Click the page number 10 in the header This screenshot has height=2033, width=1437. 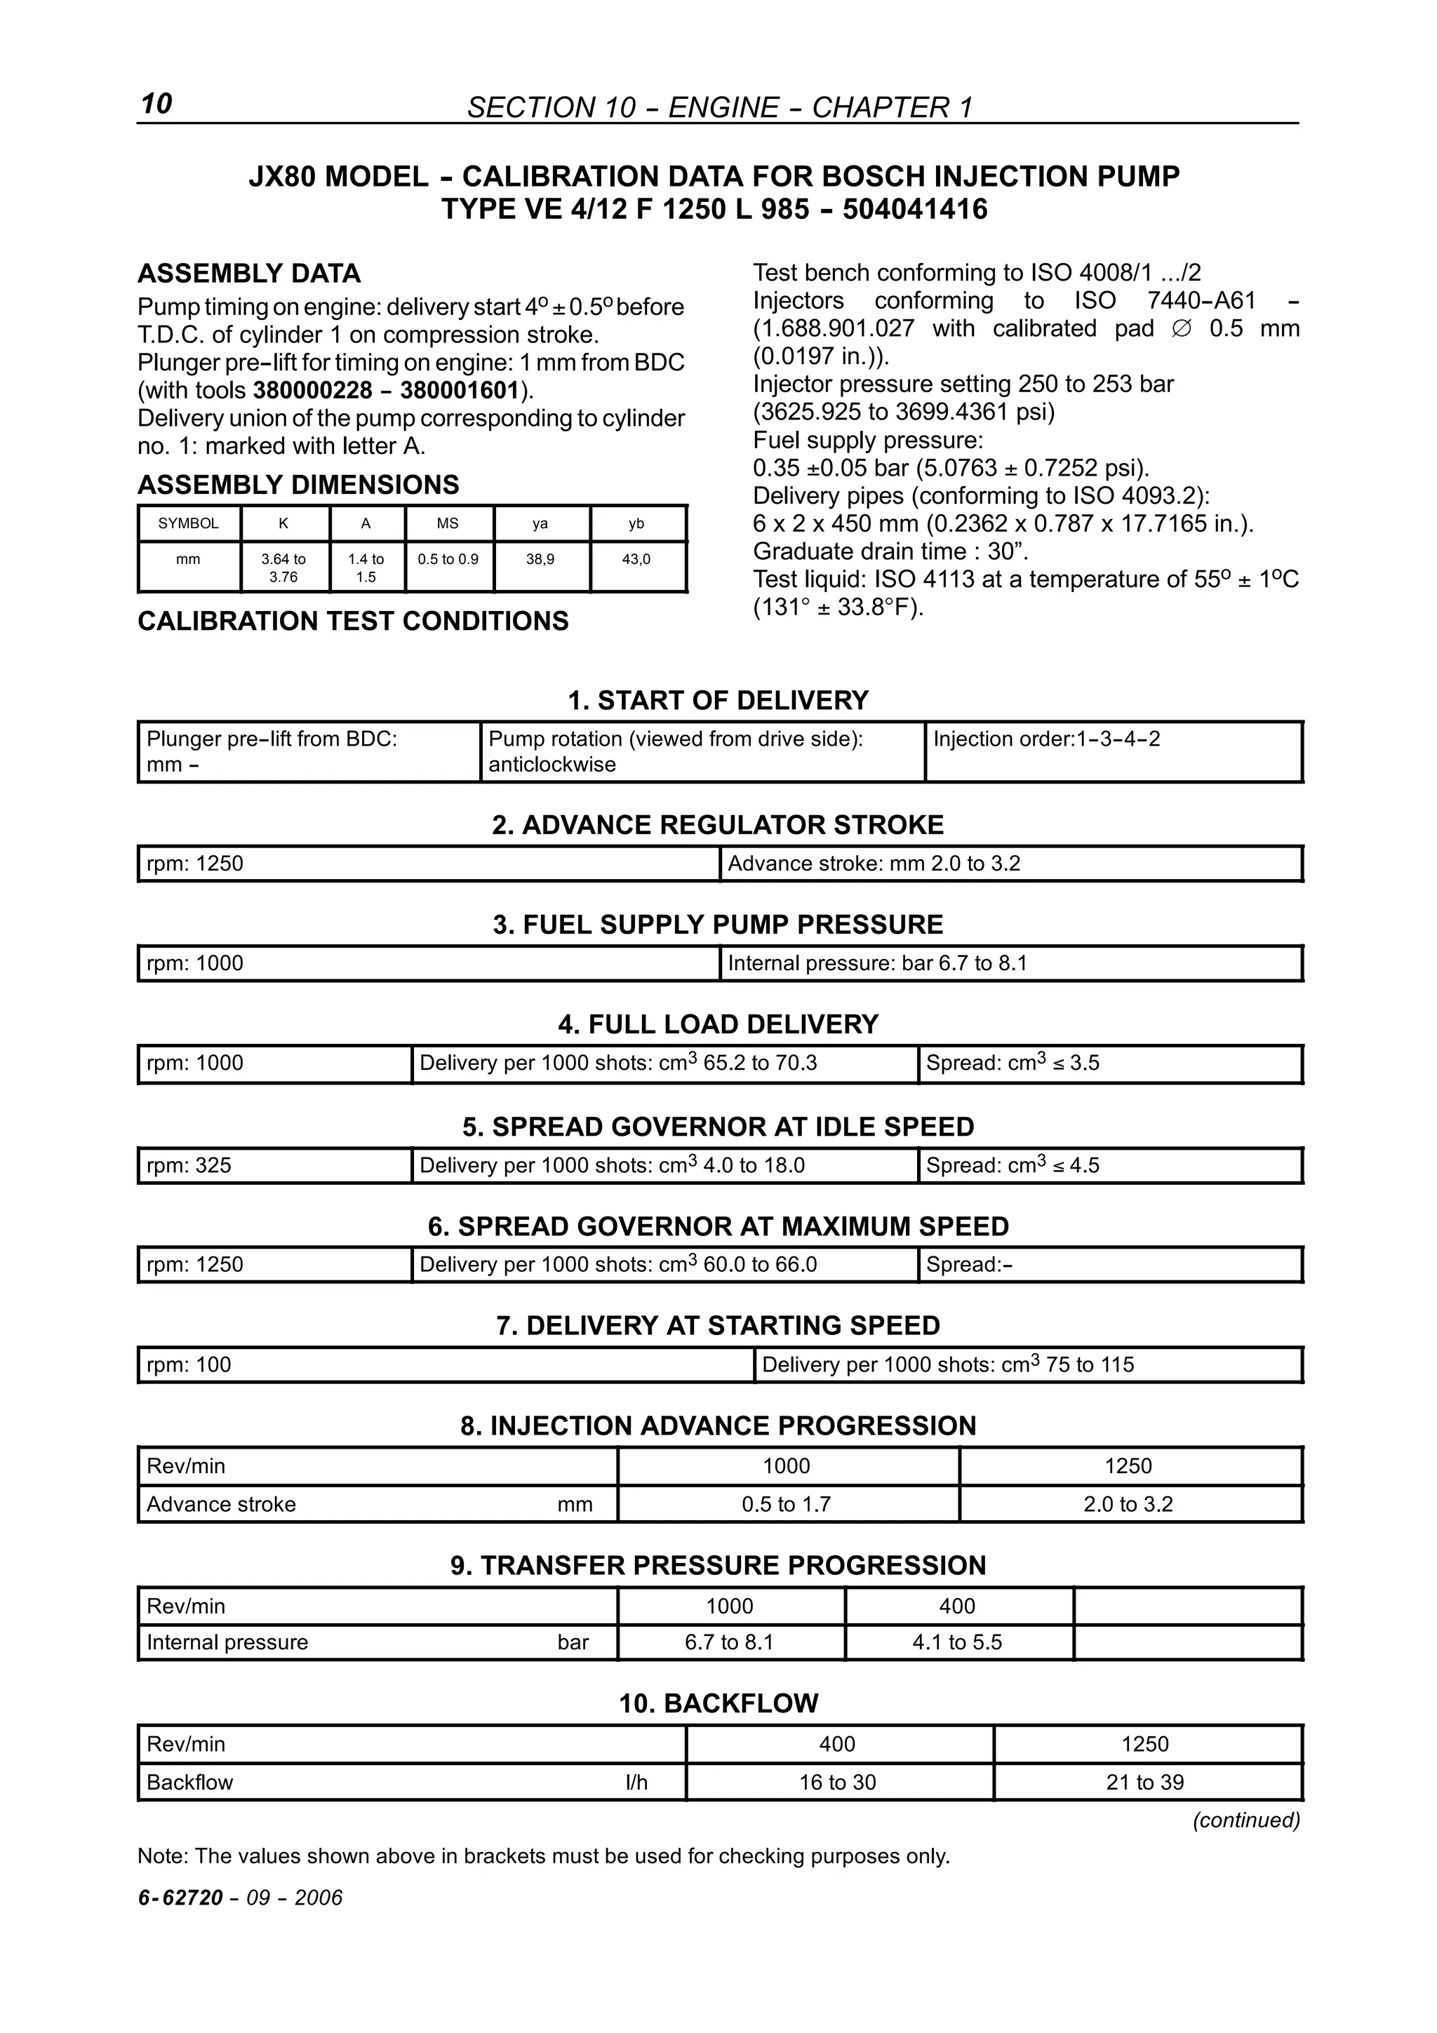[156, 104]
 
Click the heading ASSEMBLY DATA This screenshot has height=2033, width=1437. [249, 273]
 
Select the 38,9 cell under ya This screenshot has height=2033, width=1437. [540, 560]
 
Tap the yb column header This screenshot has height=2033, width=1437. [636, 523]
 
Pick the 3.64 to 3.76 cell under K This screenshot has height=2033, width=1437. [283, 568]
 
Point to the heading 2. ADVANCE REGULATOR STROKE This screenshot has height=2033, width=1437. [717, 825]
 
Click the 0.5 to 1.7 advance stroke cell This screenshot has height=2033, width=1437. [787, 1504]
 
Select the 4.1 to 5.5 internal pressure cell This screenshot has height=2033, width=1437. [957, 1642]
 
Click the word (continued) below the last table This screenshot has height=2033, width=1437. [1245, 1820]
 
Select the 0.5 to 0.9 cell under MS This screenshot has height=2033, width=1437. [448, 560]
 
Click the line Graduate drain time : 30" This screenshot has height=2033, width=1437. [890, 551]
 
